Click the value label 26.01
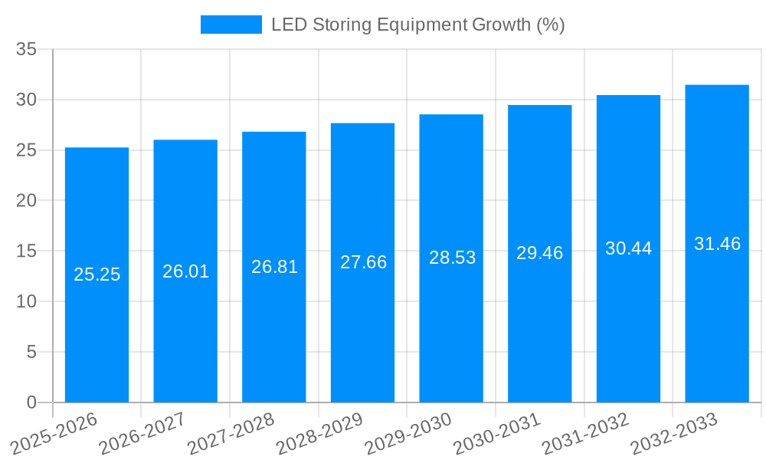(185, 271)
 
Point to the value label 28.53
(452, 258)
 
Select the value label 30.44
(628, 248)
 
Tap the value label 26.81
(274, 267)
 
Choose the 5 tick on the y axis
(31, 352)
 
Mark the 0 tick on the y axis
(31, 402)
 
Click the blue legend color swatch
(231, 25)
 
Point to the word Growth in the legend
(500, 25)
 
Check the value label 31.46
(717, 244)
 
